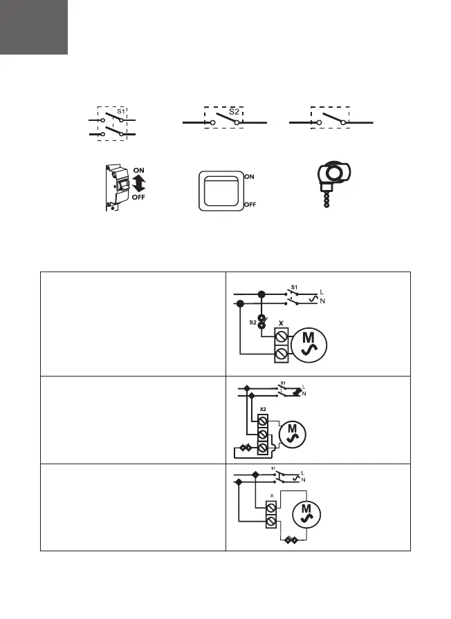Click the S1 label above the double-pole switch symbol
[120, 111]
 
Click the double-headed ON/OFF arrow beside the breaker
[138, 184]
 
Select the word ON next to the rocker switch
[250, 176]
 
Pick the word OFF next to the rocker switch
[252, 205]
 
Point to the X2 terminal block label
[263, 409]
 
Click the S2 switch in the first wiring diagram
[261, 323]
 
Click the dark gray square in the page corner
[34, 28]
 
